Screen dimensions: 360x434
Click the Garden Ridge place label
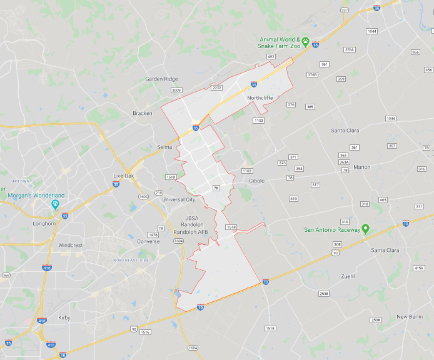161,79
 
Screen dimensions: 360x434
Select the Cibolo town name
257,181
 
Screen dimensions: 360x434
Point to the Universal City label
179,199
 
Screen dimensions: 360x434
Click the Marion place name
361,167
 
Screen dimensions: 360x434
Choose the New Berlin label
410,317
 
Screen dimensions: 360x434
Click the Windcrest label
71,245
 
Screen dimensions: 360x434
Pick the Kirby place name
64,317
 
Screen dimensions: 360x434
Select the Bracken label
143,113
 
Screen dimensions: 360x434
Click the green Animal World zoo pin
305,42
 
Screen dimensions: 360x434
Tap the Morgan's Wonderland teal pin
55,204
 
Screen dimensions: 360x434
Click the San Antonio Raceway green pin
365,229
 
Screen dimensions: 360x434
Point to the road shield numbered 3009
176,91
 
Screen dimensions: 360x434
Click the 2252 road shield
217,87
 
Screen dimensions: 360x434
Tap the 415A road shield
418,268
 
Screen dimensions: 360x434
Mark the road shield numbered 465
383,200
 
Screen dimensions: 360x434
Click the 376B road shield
312,74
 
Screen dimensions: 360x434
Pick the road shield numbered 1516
145,332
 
